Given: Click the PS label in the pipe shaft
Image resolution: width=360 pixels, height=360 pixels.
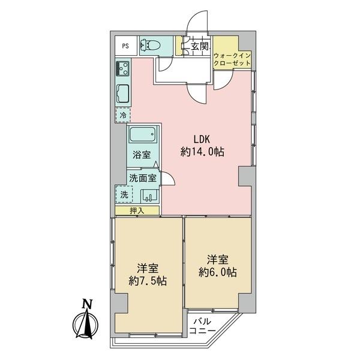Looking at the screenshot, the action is tap(125, 46).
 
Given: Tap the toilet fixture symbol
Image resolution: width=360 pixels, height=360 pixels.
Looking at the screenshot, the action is tap(150, 45).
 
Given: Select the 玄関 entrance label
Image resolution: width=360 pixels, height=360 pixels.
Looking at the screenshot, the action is tap(200, 47).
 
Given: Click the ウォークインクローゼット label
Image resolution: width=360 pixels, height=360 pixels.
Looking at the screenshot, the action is tap(232, 59).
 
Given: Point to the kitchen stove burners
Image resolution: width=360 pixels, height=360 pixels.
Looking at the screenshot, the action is tap(123, 68).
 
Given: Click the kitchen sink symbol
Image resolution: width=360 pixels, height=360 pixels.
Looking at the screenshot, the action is tap(123, 94).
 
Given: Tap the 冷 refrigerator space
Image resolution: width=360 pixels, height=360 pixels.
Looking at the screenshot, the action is tap(123, 115).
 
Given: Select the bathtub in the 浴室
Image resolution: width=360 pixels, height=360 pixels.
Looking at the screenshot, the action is tap(143, 134).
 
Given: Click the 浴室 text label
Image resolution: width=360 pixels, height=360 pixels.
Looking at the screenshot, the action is tap(142, 155).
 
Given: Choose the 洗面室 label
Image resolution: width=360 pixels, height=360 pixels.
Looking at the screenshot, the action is tap(143, 178).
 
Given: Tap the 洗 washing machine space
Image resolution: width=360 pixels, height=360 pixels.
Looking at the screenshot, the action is tap(124, 194).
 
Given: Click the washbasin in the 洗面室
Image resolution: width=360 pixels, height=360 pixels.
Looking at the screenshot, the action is tap(149, 196).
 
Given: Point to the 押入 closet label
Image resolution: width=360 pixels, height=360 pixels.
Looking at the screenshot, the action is tap(137, 211).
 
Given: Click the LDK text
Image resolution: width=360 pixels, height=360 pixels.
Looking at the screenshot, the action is tap(202, 139).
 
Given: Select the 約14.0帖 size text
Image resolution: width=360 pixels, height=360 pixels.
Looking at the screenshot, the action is tap(203, 152).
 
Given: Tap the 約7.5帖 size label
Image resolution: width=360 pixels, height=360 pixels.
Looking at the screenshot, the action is tap(148, 281).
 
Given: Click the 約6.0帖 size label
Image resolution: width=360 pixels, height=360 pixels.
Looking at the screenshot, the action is tap(218, 272).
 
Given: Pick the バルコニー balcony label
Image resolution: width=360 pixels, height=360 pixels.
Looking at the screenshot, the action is tap(202, 326).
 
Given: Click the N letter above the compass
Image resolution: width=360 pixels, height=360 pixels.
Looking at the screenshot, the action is tap(88, 304).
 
